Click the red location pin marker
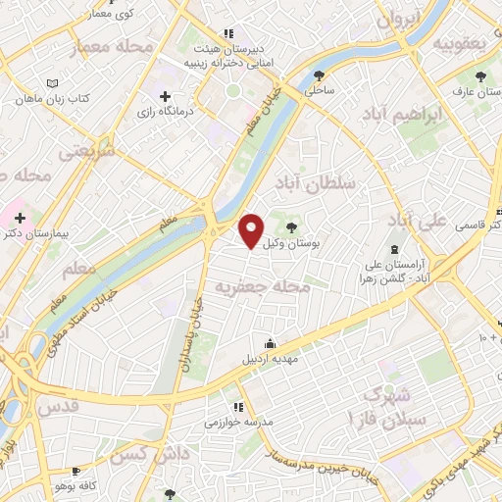(252, 229)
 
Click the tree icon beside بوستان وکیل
(290, 227)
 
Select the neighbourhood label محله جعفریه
(262, 287)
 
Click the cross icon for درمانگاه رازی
(165, 96)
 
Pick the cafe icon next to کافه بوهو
(76, 472)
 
